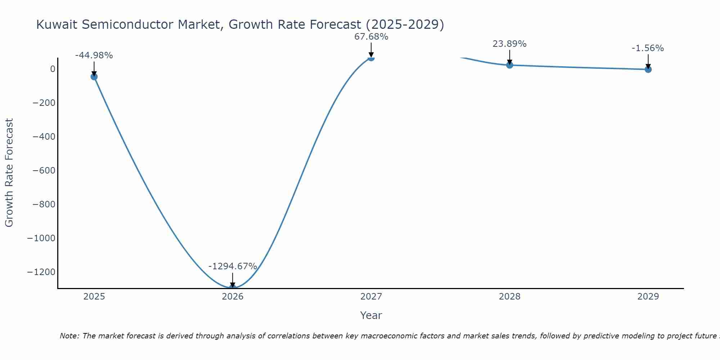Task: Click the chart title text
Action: click(240, 24)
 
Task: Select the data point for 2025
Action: click(94, 77)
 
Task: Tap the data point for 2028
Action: click(509, 65)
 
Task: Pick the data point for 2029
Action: click(648, 69)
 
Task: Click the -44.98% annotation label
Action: click(94, 55)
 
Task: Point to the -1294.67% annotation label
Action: click(233, 266)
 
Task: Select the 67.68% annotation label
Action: click(371, 37)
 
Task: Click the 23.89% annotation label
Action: click(509, 44)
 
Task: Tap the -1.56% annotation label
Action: click(648, 48)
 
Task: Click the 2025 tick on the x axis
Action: click(94, 297)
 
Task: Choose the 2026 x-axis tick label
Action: click(233, 297)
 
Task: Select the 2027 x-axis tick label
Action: click(371, 297)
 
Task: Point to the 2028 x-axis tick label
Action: click(509, 297)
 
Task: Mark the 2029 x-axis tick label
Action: click(648, 297)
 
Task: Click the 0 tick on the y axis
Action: click(53, 69)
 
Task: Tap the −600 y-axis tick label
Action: click(44, 170)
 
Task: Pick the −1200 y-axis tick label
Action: click(41, 272)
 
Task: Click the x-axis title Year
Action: click(371, 315)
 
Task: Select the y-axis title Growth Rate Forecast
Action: click(9, 172)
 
